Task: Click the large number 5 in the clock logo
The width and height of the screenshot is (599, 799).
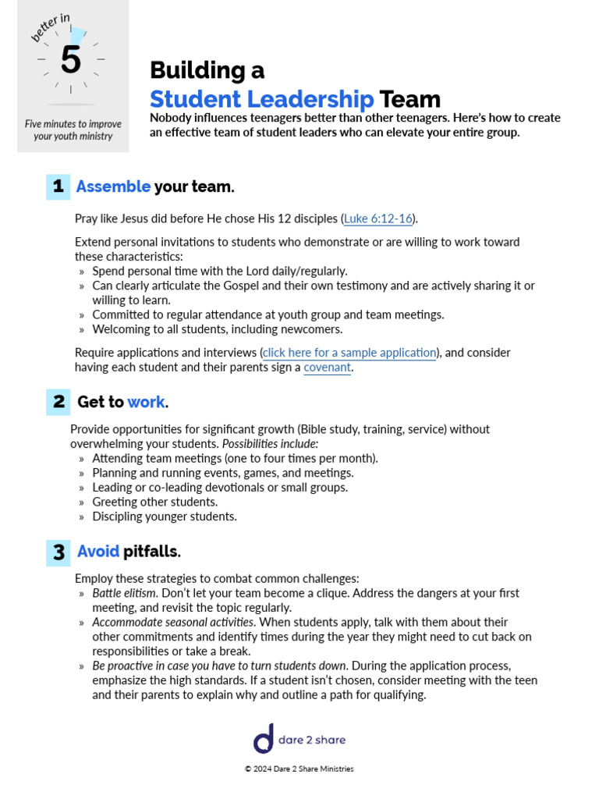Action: (x=71, y=60)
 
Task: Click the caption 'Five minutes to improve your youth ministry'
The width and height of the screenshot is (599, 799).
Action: (x=73, y=130)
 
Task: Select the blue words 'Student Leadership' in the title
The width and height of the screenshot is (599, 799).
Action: (x=261, y=99)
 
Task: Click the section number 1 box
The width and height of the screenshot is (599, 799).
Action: (x=58, y=186)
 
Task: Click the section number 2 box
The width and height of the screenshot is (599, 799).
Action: (x=58, y=402)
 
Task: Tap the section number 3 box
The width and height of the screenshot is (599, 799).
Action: (x=58, y=552)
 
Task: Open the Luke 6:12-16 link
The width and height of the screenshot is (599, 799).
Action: (x=378, y=218)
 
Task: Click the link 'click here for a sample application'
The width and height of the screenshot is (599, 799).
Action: (x=349, y=353)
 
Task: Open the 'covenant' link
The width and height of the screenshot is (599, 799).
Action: (x=327, y=368)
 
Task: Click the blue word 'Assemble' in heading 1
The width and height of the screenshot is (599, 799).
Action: (x=113, y=186)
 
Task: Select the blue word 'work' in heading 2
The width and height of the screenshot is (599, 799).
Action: (x=146, y=402)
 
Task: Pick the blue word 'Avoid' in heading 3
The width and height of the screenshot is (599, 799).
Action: (x=98, y=552)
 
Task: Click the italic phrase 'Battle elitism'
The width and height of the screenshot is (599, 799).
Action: (x=124, y=593)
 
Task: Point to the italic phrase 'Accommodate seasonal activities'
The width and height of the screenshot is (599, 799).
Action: (x=173, y=623)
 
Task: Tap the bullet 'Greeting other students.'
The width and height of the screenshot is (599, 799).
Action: (x=154, y=502)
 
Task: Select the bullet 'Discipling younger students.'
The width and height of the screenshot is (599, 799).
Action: (x=164, y=517)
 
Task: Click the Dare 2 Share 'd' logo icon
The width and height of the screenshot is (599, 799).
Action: (x=264, y=739)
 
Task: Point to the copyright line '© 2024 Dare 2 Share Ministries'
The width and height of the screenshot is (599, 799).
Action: (x=299, y=769)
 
